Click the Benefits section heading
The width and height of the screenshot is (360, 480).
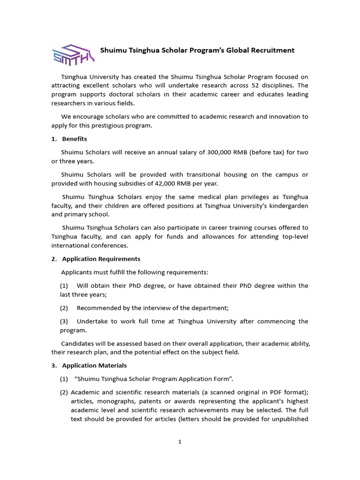75,139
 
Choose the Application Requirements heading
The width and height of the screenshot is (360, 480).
101,259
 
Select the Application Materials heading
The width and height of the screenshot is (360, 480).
94,366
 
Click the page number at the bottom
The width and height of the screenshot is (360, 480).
180,442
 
